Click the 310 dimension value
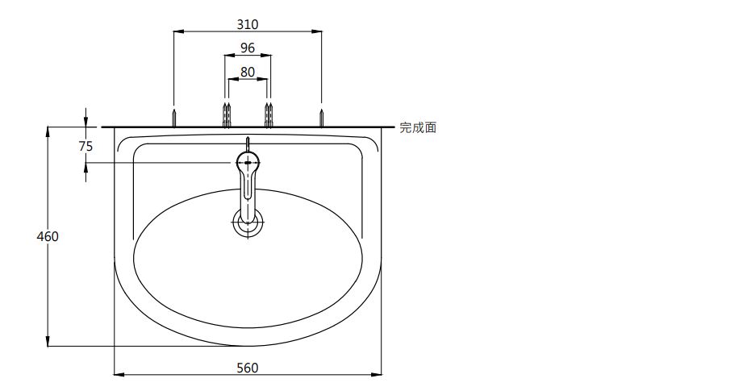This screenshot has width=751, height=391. [x=248, y=24]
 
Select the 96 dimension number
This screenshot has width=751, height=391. [x=248, y=48]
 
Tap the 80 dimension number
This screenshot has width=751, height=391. [x=248, y=72]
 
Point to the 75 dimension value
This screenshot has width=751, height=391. [x=86, y=146]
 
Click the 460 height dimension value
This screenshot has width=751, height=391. [x=48, y=236]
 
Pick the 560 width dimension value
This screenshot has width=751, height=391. [x=248, y=368]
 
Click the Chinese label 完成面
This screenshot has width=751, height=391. [x=418, y=127]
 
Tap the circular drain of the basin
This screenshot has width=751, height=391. [x=248, y=223]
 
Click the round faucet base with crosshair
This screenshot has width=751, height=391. [x=248, y=162]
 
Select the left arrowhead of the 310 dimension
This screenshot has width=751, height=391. [x=178, y=31]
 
